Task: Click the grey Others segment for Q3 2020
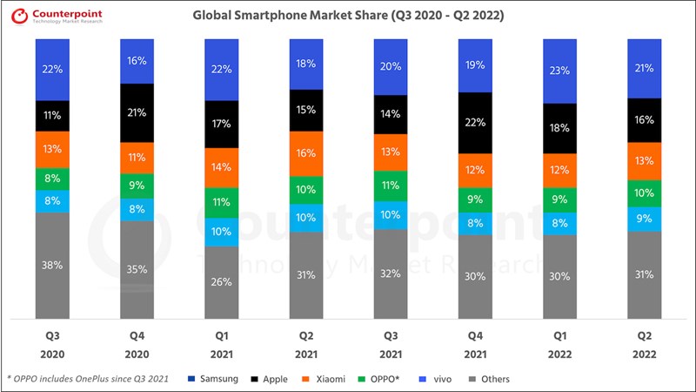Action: point(52,265)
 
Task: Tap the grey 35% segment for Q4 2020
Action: point(137,269)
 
